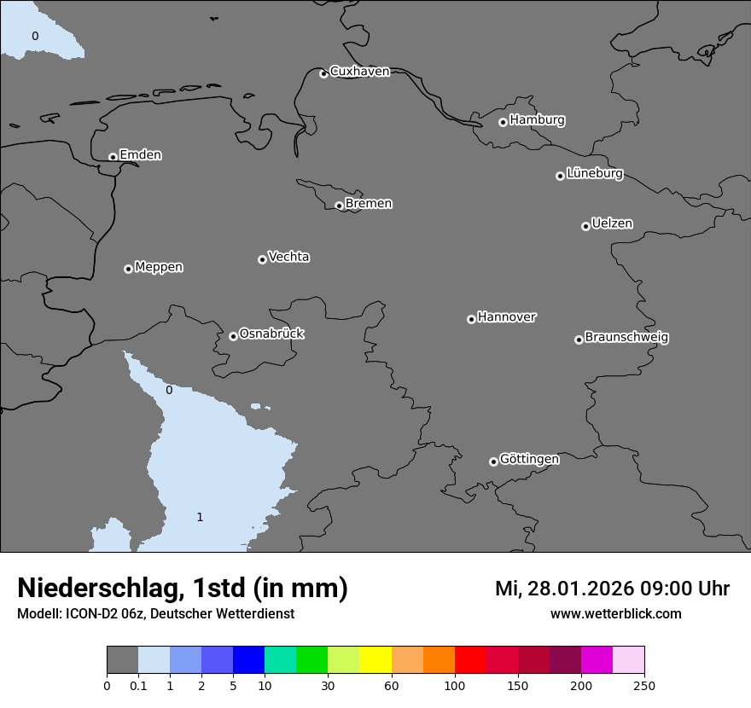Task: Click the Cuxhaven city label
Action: tap(359, 72)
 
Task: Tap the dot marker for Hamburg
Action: tap(503, 122)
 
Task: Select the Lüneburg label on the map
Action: tap(595, 173)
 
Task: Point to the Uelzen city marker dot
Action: tap(585, 226)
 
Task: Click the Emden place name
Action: tap(140, 155)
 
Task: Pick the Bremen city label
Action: tap(369, 204)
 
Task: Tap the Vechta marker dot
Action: tap(262, 259)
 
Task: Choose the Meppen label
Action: tap(159, 267)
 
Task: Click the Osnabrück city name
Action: tap(271, 334)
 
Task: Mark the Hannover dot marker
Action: tap(471, 319)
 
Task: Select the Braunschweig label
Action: tap(626, 337)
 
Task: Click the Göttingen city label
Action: tap(529, 459)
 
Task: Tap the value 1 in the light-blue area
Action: tap(200, 517)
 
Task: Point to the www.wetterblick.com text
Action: tap(616, 613)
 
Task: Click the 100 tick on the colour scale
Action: tap(455, 684)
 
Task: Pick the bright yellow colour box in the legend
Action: tap(375, 659)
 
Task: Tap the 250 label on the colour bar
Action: tap(644, 684)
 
